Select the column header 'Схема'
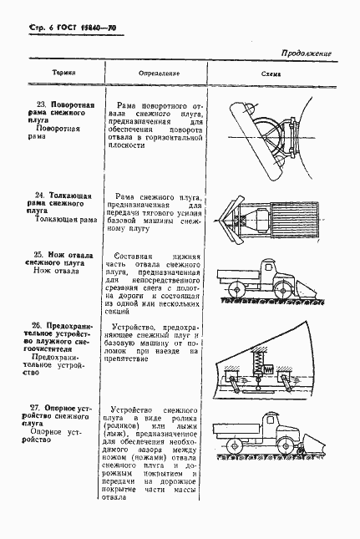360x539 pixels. point(272,74)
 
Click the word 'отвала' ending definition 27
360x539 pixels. point(119,519)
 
